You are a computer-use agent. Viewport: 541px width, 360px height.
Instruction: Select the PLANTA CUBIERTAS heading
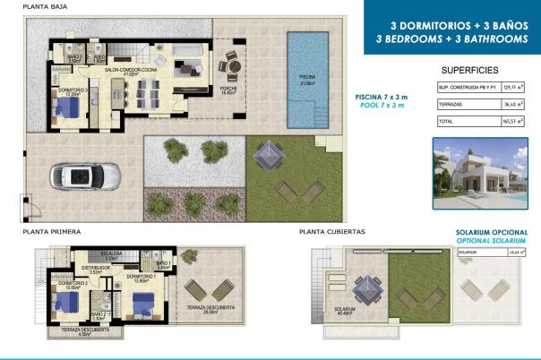(x=332, y=232)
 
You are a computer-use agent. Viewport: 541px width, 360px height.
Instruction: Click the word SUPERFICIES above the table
(x=469, y=69)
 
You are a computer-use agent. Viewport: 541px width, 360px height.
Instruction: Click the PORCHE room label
(x=228, y=90)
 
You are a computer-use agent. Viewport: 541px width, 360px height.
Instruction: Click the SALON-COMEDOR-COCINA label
(x=131, y=70)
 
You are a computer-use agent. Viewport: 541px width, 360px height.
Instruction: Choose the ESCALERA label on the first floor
(x=113, y=253)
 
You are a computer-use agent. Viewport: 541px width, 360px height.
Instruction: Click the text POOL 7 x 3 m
(x=382, y=106)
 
